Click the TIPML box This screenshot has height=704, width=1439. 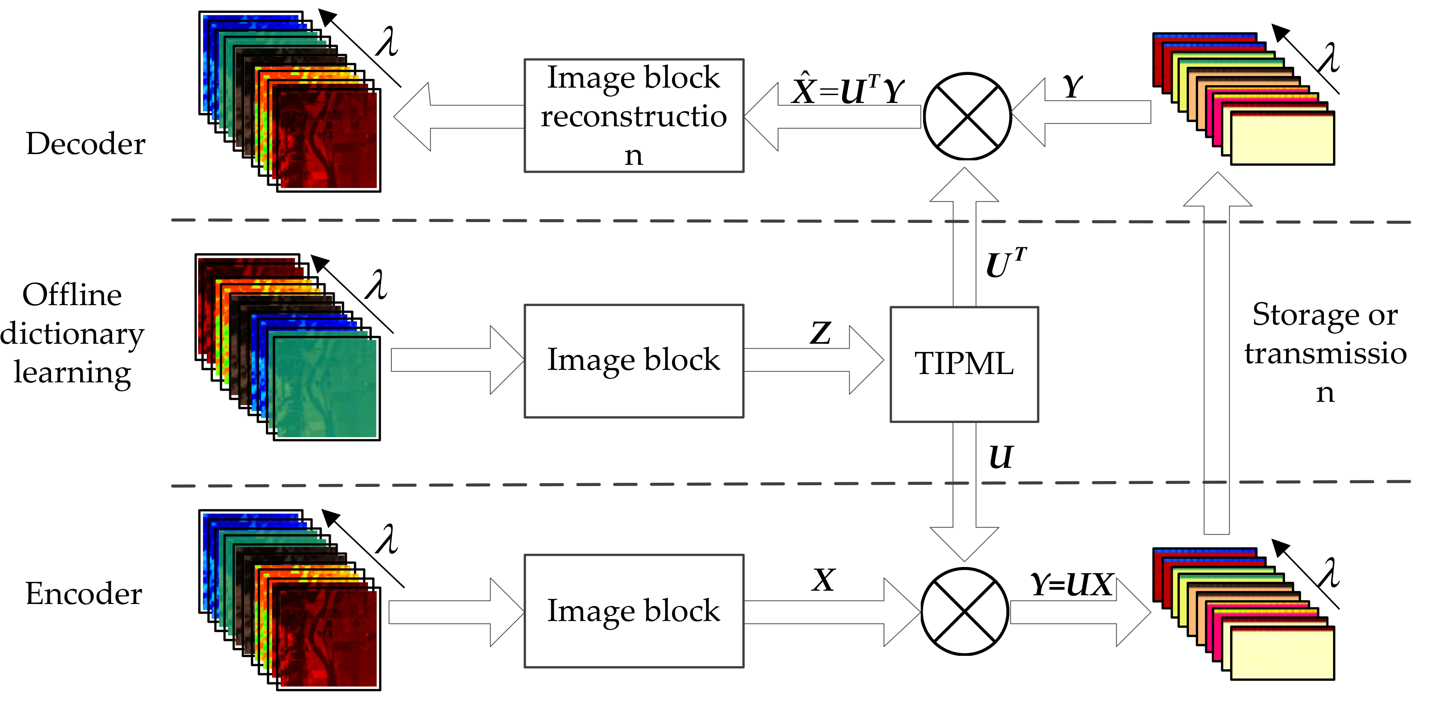(x=964, y=364)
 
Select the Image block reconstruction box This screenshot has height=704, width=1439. (x=634, y=115)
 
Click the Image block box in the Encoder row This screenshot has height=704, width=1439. (x=634, y=610)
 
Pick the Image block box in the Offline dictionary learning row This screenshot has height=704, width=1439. (x=634, y=360)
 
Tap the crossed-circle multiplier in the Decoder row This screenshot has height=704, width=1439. (x=967, y=116)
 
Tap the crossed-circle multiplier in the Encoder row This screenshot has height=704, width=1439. (x=964, y=611)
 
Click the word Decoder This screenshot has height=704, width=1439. (x=86, y=144)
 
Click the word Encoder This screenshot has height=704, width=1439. (x=84, y=594)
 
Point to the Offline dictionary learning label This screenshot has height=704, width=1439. (x=71, y=333)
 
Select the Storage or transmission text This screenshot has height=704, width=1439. (x=1325, y=353)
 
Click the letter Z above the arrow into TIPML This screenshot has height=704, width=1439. (x=820, y=333)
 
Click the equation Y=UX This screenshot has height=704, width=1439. (x=1072, y=584)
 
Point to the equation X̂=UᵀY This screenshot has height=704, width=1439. (x=847, y=89)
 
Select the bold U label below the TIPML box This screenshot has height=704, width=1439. (x=1000, y=457)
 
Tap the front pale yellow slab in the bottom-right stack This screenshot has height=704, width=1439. (x=1282, y=653)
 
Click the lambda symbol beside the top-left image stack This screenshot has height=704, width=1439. (x=387, y=42)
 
